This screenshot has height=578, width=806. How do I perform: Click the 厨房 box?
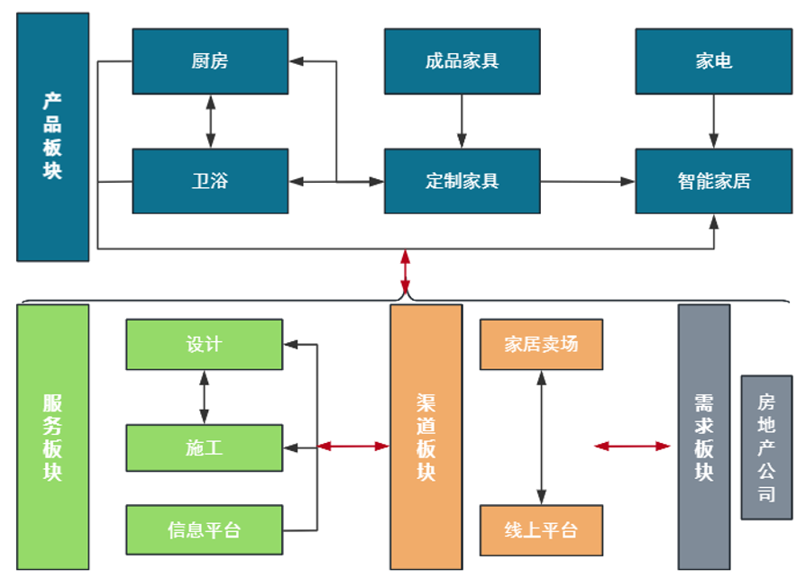[210, 61]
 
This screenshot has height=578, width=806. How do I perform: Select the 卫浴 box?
[210, 181]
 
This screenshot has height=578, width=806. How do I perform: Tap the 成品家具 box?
[462, 61]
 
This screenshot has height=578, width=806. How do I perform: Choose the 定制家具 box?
[462, 181]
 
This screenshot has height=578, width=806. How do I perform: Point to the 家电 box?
[713, 61]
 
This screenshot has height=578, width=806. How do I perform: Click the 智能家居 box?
[713, 181]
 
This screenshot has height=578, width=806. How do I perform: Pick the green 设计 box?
[204, 344]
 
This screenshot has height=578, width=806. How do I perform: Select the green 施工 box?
[204, 447]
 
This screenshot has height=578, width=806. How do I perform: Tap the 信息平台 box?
[204, 529]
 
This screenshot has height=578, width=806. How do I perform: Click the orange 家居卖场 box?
[541, 344]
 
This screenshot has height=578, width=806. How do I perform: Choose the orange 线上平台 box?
[541, 530]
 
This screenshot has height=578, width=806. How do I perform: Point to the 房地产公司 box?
[766, 447]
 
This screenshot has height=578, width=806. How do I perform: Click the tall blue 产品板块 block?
[53, 137]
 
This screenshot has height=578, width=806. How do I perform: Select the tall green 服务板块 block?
[53, 437]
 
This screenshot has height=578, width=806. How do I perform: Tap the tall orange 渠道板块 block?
[426, 437]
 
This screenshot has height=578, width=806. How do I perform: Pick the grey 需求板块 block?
[704, 437]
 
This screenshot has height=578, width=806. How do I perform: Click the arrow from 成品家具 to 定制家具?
[462, 121]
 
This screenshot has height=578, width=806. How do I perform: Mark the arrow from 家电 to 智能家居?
[713, 121]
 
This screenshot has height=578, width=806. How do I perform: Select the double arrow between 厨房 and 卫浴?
[210, 121]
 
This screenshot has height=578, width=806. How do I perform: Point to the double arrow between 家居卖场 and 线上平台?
[541, 437]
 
